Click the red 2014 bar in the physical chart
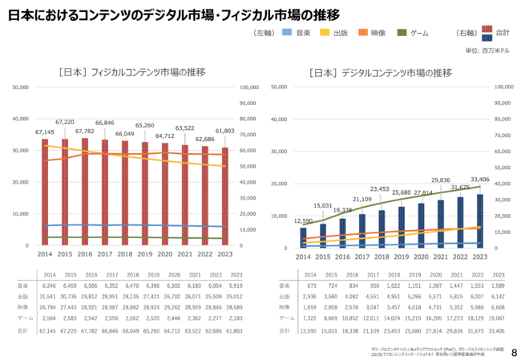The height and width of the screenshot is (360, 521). pyautogui.click(x=46, y=192)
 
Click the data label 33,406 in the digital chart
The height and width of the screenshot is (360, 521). pyautogui.click(x=479, y=180)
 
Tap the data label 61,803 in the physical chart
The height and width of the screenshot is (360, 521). pyautogui.click(x=225, y=131)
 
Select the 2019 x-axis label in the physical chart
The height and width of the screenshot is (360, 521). pyautogui.click(x=145, y=253)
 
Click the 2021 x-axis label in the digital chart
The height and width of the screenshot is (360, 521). pyautogui.click(x=440, y=257)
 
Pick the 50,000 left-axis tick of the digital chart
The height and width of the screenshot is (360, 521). pyautogui.click(x=280, y=87)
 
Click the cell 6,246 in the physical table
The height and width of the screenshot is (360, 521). pyautogui.click(x=48, y=285)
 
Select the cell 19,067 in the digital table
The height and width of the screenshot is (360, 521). pyautogui.click(x=498, y=318)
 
